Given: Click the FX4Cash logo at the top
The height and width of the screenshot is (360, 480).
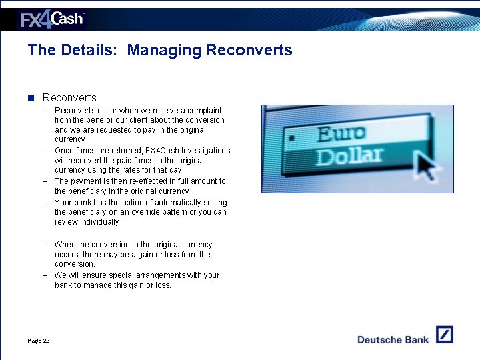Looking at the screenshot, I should click(x=53, y=19).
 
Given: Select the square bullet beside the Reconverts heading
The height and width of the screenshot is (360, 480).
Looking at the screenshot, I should click(x=31, y=97).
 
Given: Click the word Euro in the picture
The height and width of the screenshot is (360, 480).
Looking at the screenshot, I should click(x=341, y=134).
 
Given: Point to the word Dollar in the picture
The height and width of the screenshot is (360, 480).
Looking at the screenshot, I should click(x=349, y=157).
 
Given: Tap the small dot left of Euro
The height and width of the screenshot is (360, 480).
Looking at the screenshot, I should click(x=291, y=137).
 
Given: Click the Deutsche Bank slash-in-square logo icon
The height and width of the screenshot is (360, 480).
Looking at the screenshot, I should click(x=444, y=335).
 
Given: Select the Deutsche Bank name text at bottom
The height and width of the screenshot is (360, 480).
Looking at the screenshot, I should click(x=393, y=339).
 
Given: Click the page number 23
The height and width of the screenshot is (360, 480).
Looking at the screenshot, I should click(x=46, y=341).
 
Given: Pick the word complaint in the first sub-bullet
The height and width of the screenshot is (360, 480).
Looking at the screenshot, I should click(x=204, y=111).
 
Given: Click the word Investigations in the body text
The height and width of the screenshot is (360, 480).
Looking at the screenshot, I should click(x=204, y=151).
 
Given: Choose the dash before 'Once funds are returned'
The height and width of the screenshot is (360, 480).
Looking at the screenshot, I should click(x=45, y=151).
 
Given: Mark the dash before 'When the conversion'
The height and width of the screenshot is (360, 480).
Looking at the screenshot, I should click(x=45, y=245).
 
